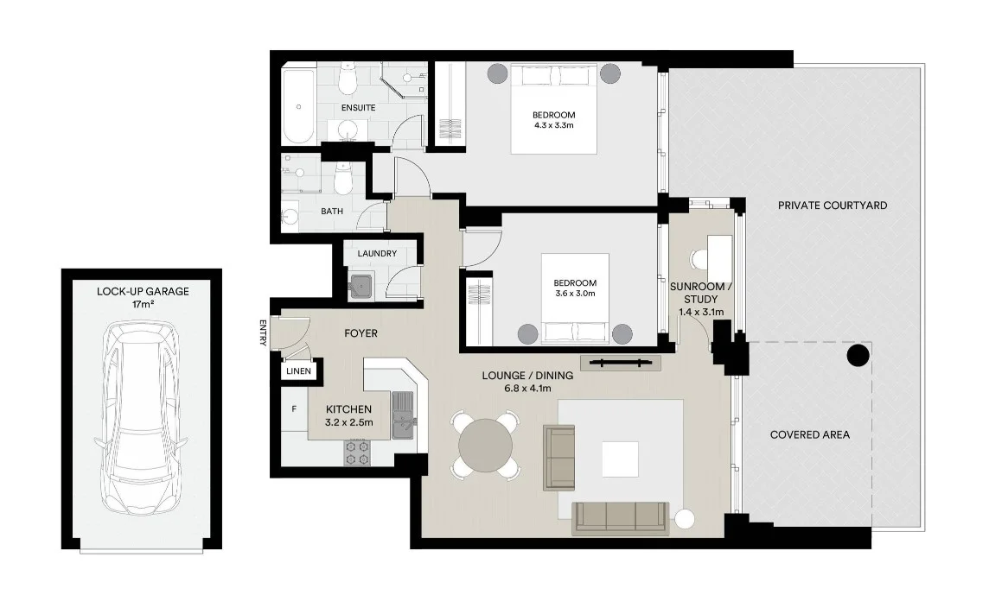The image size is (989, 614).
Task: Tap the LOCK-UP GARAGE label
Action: tap(143, 292)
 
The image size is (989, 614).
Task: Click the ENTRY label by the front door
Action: tap(263, 333)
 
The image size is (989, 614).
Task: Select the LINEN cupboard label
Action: tap(299, 371)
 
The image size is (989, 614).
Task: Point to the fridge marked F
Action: tap(294, 408)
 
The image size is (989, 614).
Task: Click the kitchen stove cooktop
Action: tap(357, 453)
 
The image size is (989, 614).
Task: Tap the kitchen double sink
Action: tap(404, 415)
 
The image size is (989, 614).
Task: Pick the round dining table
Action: tap(486, 445)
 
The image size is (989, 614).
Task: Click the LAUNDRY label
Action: tap(377, 254)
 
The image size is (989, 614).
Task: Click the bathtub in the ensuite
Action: tap(299, 107)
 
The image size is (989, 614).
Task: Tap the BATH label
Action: tap(332, 212)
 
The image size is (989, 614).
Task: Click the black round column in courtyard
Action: tap(858, 355)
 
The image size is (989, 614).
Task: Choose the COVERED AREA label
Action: tap(809, 434)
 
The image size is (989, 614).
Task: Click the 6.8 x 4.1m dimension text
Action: tap(527, 389)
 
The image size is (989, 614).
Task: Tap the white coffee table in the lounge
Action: tap(620, 459)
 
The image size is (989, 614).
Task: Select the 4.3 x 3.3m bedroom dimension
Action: tap(553, 127)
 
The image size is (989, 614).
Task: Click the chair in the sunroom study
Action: tap(699, 258)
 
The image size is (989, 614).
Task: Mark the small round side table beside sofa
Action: tap(686, 519)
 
